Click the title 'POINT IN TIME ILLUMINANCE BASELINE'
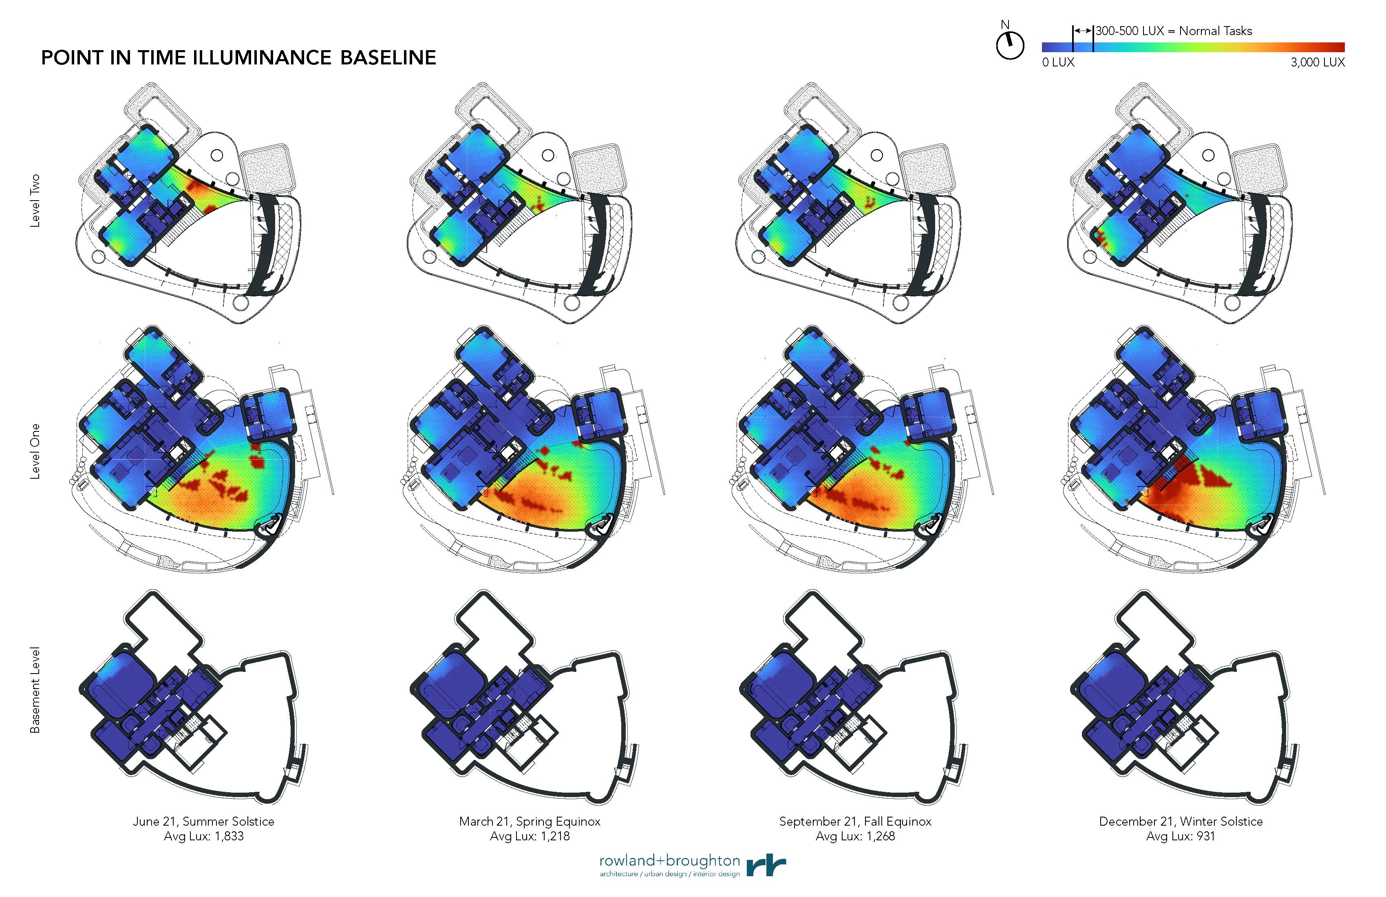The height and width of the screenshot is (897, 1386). click(238, 57)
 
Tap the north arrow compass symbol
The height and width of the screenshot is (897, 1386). click(1010, 44)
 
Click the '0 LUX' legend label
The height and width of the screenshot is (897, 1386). click(1058, 62)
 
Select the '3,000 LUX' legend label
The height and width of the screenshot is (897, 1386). click(1317, 62)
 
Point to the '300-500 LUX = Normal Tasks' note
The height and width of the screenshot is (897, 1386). click(1174, 31)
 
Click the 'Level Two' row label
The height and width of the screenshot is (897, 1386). click(35, 200)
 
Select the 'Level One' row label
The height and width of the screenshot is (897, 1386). click(35, 451)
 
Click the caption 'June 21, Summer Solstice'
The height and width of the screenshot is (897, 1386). click(203, 821)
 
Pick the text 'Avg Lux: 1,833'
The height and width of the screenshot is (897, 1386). click(203, 836)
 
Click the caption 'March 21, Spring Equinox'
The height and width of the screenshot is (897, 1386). click(530, 821)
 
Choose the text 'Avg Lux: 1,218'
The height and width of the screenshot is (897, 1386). click(530, 836)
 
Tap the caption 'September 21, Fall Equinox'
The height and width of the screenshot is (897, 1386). click(855, 821)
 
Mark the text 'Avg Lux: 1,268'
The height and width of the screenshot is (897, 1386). click(855, 836)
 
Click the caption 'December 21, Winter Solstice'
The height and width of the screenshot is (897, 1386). click(1181, 821)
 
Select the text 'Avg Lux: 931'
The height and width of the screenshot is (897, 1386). click(1181, 836)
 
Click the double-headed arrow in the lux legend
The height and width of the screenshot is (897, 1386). click(1083, 30)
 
